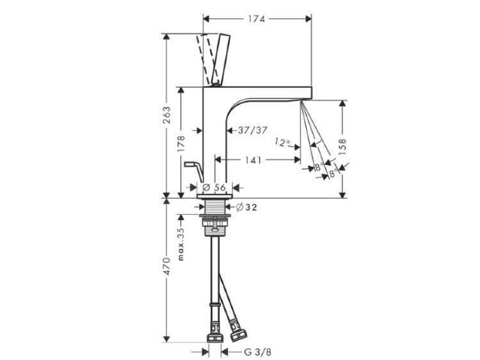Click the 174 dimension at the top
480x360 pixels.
[256, 19]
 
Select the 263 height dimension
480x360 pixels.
[166, 115]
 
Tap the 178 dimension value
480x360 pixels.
[181, 144]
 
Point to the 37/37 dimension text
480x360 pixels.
[253, 130]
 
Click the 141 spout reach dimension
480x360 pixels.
[253, 160]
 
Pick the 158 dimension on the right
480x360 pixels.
[342, 146]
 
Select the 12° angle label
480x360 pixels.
[282, 142]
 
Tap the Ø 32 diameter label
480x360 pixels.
[247, 207]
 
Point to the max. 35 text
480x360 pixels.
[181, 244]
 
